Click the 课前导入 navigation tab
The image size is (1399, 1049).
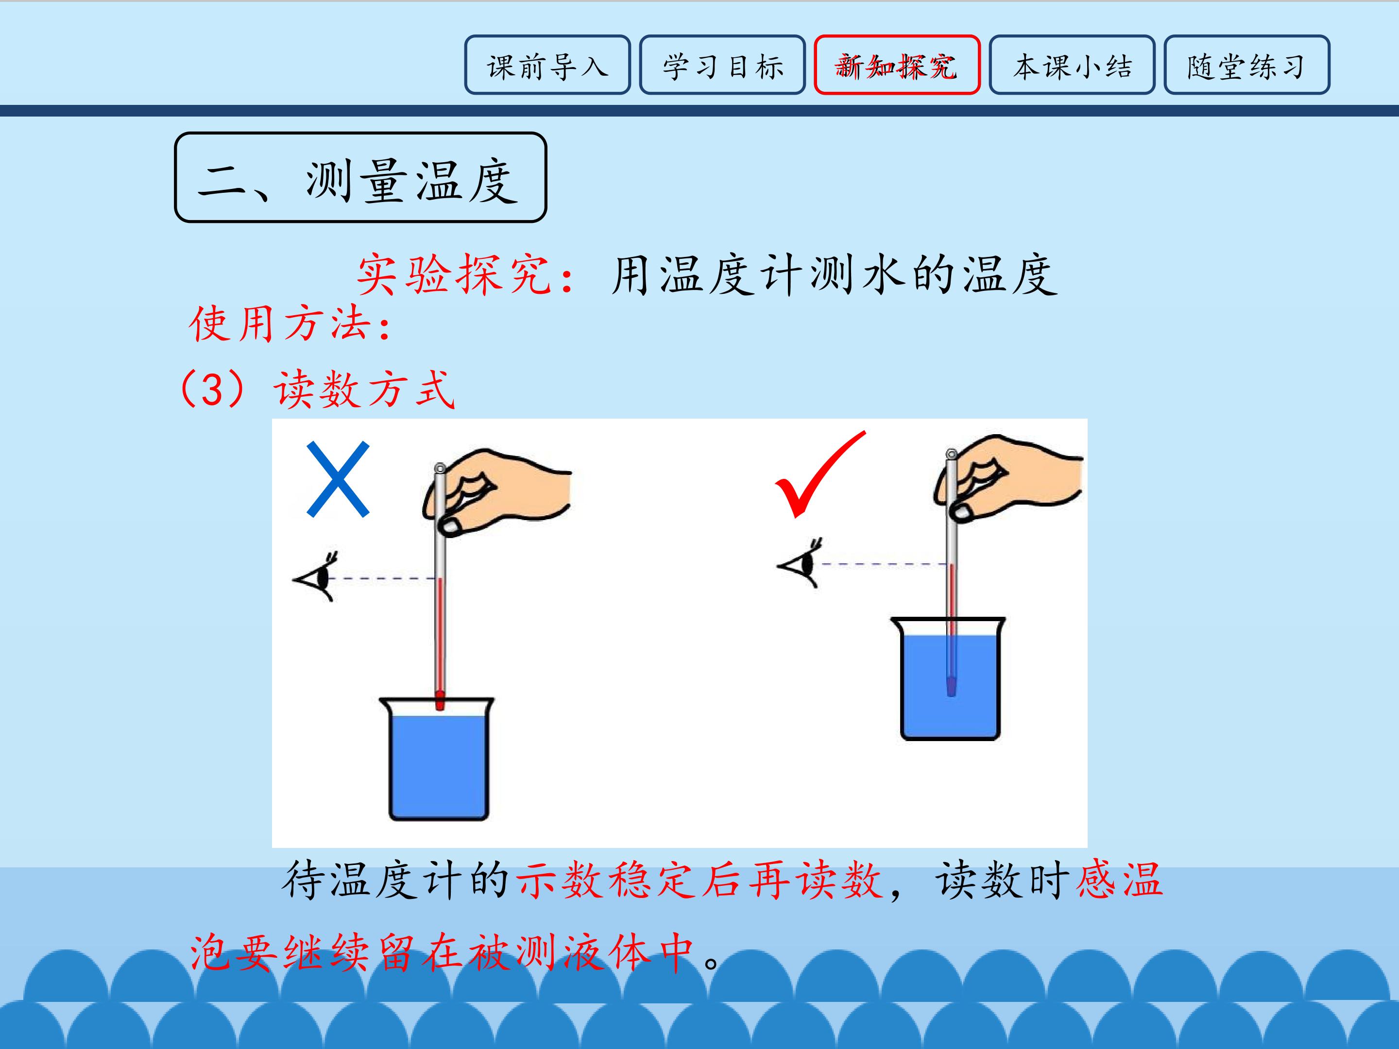547,65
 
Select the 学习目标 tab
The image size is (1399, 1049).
722,65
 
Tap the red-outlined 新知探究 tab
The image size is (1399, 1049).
897,65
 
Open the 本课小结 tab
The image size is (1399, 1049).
1072,65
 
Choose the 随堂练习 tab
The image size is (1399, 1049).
1246,65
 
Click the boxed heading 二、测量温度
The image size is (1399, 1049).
360,178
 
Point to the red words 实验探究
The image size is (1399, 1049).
454,275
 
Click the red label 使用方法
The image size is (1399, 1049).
279,324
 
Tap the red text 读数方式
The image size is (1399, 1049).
364,389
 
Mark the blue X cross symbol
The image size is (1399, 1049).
338,479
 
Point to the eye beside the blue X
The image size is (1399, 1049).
316,576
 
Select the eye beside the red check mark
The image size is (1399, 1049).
801,563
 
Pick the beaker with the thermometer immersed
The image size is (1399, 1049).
949,679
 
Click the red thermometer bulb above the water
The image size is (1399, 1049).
440,701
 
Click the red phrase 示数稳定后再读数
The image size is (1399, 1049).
699,880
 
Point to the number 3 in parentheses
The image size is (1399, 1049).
212,389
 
